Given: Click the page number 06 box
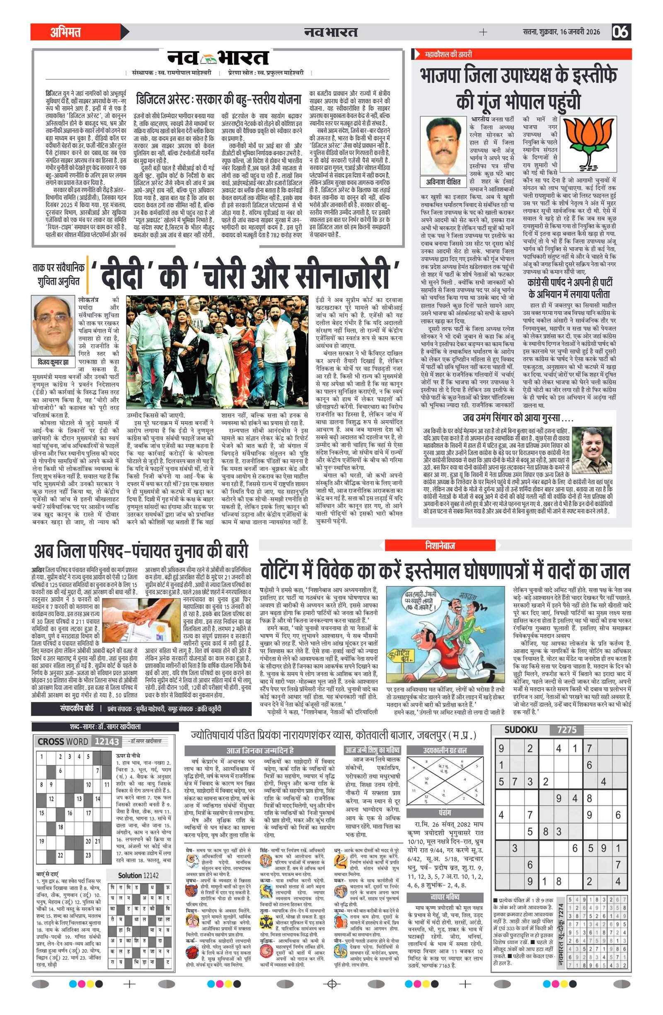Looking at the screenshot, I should pos(621,32).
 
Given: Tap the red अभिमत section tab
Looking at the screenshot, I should pos(66,32).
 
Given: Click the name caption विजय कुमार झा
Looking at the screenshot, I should pos(53,362).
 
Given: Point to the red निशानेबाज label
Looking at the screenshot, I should pos(440,545).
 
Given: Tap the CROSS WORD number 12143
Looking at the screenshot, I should pos(106,741).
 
